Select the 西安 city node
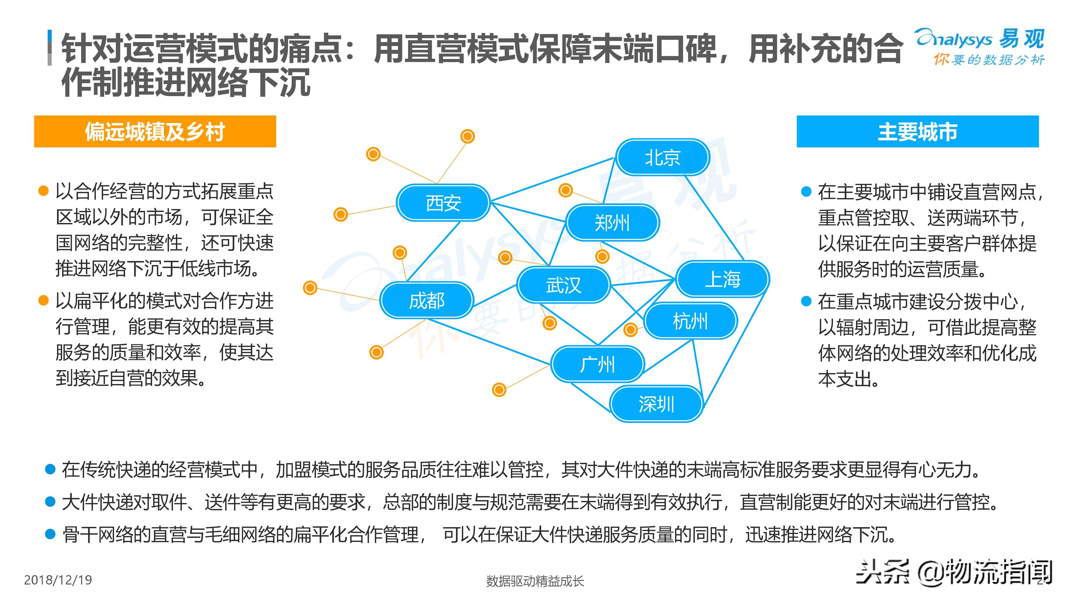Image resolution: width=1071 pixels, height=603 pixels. pyautogui.click(x=443, y=203)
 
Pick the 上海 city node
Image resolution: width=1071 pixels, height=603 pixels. pyautogui.click(x=723, y=279)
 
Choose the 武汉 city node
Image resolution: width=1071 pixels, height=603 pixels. pyautogui.click(x=563, y=285)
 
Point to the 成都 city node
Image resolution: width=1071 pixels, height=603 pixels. pyautogui.click(x=427, y=300)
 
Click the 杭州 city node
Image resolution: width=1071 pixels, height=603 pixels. pyautogui.click(x=690, y=321)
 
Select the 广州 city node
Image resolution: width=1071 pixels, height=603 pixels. pyautogui.click(x=597, y=364)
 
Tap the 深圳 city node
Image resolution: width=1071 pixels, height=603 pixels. pyautogui.click(x=657, y=404)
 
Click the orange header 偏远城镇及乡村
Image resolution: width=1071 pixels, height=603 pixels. pyautogui.click(x=155, y=132)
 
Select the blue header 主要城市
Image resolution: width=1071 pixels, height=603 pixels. pyautogui.click(x=918, y=132)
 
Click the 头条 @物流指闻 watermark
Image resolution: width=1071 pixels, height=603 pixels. pyautogui.click(x=954, y=572)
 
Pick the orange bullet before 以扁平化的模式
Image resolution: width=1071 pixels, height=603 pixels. pyautogui.click(x=43, y=300)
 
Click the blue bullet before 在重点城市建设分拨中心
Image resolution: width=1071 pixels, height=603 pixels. pyautogui.click(x=806, y=301)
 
